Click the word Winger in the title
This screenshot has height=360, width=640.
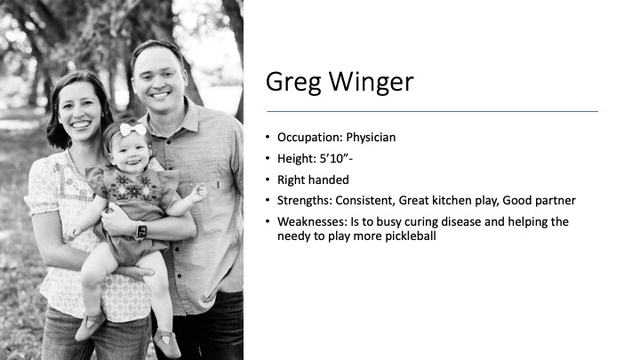click(371, 82)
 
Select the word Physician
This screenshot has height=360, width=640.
click(371, 138)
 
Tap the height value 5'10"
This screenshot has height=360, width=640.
click(334, 158)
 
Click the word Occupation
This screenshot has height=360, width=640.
click(310, 138)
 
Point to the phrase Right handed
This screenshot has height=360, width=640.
click(313, 180)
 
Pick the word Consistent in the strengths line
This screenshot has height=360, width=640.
click(365, 200)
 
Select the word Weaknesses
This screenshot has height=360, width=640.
click(312, 221)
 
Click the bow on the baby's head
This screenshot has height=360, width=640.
click(133, 129)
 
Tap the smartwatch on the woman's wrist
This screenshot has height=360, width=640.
click(141, 230)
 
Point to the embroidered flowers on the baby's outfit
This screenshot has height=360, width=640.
click(133, 188)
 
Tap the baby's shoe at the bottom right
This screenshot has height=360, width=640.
click(168, 342)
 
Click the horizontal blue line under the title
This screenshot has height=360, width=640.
click(433, 111)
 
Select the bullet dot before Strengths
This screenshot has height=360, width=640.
click(268, 200)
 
